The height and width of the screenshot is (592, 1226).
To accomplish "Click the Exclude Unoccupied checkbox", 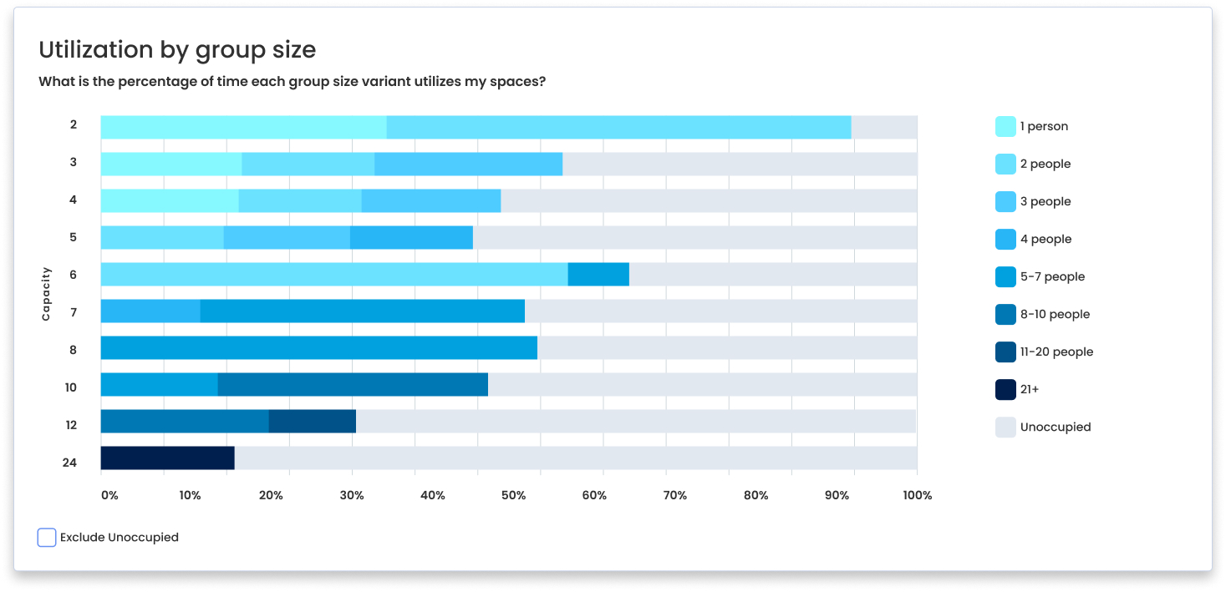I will pyautogui.click(x=47, y=538).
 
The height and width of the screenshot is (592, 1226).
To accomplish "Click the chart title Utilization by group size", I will pyautogui.click(x=177, y=50).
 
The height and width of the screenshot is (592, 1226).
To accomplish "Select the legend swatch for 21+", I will pyautogui.click(x=1005, y=390).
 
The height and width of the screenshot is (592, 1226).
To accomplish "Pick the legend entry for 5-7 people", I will pyautogui.click(x=1051, y=277).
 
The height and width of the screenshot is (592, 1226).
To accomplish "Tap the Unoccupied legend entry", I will pyautogui.click(x=1055, y=428).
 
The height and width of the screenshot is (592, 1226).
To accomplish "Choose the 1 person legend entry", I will pyautogui.click(x=1043, y=127).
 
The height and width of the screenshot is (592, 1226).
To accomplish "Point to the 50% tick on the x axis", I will pyautogui.click(x=513, y=495).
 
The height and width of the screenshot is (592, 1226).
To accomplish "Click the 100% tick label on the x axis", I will pyautogui.click(x=917, y=495).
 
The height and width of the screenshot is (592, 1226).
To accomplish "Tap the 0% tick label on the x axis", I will pyautogui.click(x=109, y=495).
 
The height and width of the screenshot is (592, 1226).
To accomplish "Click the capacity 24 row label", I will pyautogui.click(x=70, y=462).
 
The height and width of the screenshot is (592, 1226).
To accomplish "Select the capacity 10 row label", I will pyautogui.click(x=70, y=387).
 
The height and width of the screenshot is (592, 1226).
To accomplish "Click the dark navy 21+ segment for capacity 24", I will pyautogui.click(x=167, y=458).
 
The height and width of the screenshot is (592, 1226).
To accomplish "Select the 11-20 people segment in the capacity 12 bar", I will pyautogui.click(x=312, y=422).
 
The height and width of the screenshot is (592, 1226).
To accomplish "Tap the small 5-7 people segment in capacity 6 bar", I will pyautogui.click(x=598, y=274).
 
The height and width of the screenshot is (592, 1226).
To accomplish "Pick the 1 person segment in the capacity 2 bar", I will pyautogui.click(x=243, y=128).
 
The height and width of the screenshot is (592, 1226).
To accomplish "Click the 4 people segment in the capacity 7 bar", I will pyautogui.click(x=150, y=311).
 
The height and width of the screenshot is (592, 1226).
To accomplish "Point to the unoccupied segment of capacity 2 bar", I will pyautogui.click(x=883, y=128).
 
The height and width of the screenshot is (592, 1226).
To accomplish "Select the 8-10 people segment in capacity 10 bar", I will pyautogui.click(x=353, y=385).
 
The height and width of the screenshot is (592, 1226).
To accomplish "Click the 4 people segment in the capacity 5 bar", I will pyautogui.click(x=411, y=238).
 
